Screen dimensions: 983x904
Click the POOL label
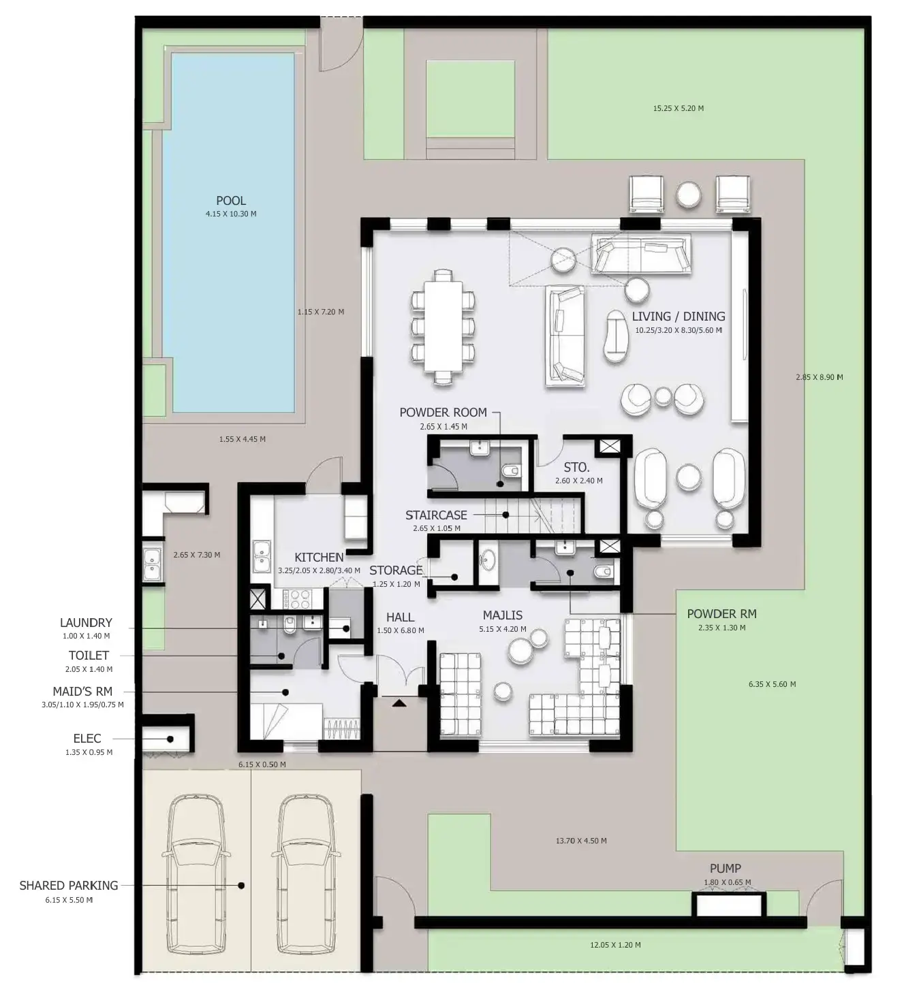pos(231,201)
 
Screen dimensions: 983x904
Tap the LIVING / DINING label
pos(678,317)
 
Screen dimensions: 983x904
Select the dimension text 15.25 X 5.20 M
pos(678,108)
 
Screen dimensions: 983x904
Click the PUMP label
pos(725,869)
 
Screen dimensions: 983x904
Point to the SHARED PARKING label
pos(69,886)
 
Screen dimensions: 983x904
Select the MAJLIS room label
pos(503,615)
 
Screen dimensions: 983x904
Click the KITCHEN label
pos(319,558)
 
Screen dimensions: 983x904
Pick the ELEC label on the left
pos(87,739)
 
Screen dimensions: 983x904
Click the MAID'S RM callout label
pos(82,692)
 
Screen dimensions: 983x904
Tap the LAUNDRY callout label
pos(86,623)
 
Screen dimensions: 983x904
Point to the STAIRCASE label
pos(436,515)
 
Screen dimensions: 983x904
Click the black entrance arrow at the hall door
pos(399,702)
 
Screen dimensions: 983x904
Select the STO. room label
pos(576,468)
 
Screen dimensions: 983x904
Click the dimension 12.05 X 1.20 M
pos(614,945)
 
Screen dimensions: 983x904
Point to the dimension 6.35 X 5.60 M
pos(771,684)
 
